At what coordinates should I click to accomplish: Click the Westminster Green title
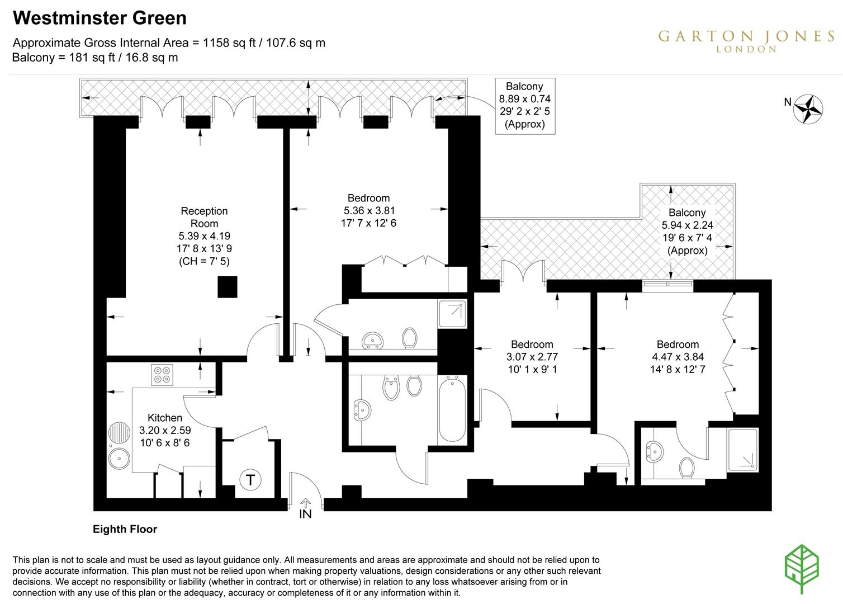click(100, 18)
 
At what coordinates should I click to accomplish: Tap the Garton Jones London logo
click(746, 40)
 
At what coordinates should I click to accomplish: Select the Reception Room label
click(204, 217)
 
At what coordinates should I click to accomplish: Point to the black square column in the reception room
click(228, 287)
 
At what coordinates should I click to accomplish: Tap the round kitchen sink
click(119, 459)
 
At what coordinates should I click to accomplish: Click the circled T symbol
click(250, 480)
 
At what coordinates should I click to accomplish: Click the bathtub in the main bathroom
click(452, 409)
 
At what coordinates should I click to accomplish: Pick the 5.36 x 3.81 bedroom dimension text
click(368, 211)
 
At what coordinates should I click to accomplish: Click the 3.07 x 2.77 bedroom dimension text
click(532, 357)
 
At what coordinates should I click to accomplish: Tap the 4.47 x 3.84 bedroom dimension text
click(678, 357)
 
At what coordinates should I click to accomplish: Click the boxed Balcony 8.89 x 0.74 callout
click(524, 106)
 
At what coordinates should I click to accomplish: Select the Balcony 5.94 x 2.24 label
click(687, 231)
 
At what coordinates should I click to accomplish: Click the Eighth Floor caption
click(125, 529)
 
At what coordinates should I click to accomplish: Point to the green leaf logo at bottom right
click(802, 569)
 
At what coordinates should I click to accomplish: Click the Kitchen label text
click(164, 418)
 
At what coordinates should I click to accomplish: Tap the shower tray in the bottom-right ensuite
click(742, 450)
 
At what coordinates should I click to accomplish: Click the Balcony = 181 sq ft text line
click(95, 58)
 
